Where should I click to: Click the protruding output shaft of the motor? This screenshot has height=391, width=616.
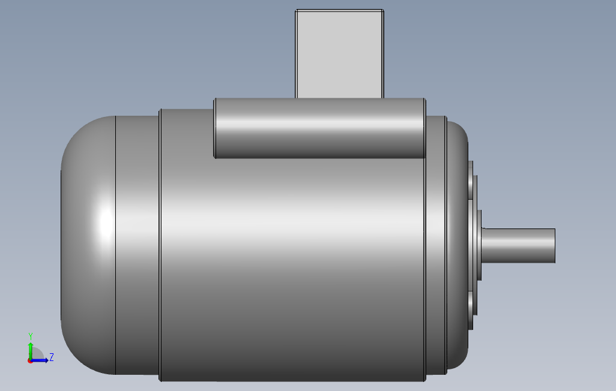pos(519,245)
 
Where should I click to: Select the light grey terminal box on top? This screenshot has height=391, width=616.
pos(339,54)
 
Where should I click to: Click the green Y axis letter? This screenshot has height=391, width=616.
pos(30,335)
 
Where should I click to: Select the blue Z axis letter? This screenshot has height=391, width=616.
pos(52,357)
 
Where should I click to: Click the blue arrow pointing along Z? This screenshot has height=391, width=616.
pos(41,360)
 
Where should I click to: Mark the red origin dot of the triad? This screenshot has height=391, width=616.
pos(30,360)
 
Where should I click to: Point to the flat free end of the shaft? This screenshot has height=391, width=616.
pos(554,245)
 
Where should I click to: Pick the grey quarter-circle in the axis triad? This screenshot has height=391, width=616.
pos(36,354)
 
